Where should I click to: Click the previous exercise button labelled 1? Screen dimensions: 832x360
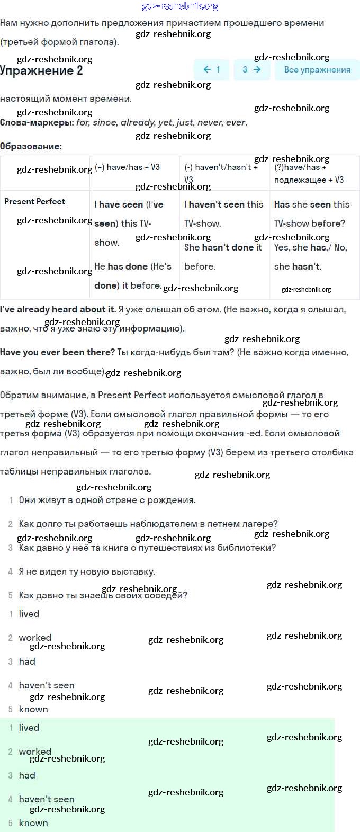coord(212,69)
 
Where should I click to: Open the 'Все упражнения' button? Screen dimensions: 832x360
coord(317,69)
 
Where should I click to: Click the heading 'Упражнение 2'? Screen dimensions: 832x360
coord(41,71)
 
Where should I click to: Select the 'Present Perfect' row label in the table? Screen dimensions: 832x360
coord(35,201)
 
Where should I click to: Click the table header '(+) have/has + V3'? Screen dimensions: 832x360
coord(128,167)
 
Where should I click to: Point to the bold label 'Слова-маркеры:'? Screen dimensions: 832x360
coord(37,122)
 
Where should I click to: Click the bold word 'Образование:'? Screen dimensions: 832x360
coord(31,146)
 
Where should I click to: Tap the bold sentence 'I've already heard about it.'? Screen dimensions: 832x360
coord(58,309)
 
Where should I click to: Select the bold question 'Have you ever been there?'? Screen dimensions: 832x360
coord(57,352)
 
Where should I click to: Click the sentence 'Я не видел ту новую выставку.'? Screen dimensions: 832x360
coord(87,571)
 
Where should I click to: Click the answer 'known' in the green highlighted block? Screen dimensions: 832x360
coord(33,823)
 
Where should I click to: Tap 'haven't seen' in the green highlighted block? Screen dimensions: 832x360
coord(47,799)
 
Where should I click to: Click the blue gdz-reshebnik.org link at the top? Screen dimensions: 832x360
coord(180,6)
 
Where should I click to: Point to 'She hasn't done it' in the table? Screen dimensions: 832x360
coord(223,247)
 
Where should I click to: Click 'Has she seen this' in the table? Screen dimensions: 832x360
coord(312,204)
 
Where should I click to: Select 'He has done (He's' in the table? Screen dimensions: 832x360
coord(133,266)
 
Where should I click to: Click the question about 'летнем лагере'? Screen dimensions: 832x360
coord(148,524)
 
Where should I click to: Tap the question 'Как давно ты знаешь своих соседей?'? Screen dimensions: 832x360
coord(103,595)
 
